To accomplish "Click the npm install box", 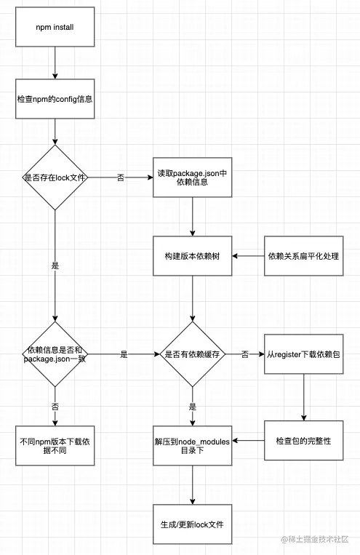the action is pyautogui.click(x=55, y=27).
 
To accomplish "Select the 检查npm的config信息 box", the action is pyautogui.click(x=55, y=99).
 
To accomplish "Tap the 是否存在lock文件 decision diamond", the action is pyautogui.click(x=55, y=177).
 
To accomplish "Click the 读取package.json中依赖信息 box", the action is pyautogui.click(x=192, y=177).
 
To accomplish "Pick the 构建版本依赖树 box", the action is pyautogui.click(x=192, y=256).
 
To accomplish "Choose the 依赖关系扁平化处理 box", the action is pyautogui.click(x=304, y=256).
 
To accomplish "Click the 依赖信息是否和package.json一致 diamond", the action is pyautogui.click(x=55, y=354).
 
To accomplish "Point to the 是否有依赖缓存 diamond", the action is pyautogui.click(x=192, y=354).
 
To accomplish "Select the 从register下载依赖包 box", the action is pyautogui.click(x=304, y=354).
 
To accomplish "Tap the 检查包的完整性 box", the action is pyautogui.click(x=304, y=441).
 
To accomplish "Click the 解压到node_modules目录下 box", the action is pyautogui.click(x=192, y=446).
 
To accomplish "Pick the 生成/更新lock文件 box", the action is pyautogui.click(x=192, y=524).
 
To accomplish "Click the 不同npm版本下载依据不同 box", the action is pyautogui.click(x=55, y=446).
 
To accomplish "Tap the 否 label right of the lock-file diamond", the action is pyautogui.click(x=121, y=177).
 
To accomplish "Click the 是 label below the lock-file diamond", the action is pyautogui.click(x=55, y=265).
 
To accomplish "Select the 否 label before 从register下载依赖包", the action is pyautogui.click(x=245, y=354).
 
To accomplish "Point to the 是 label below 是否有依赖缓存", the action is pyautogui.click(x=193, y=407).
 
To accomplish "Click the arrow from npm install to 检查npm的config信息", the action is pyautogui.click(x=55, y=63).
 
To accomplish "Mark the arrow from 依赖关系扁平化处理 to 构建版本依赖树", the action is pyautogui.click(x=248, y=256).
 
